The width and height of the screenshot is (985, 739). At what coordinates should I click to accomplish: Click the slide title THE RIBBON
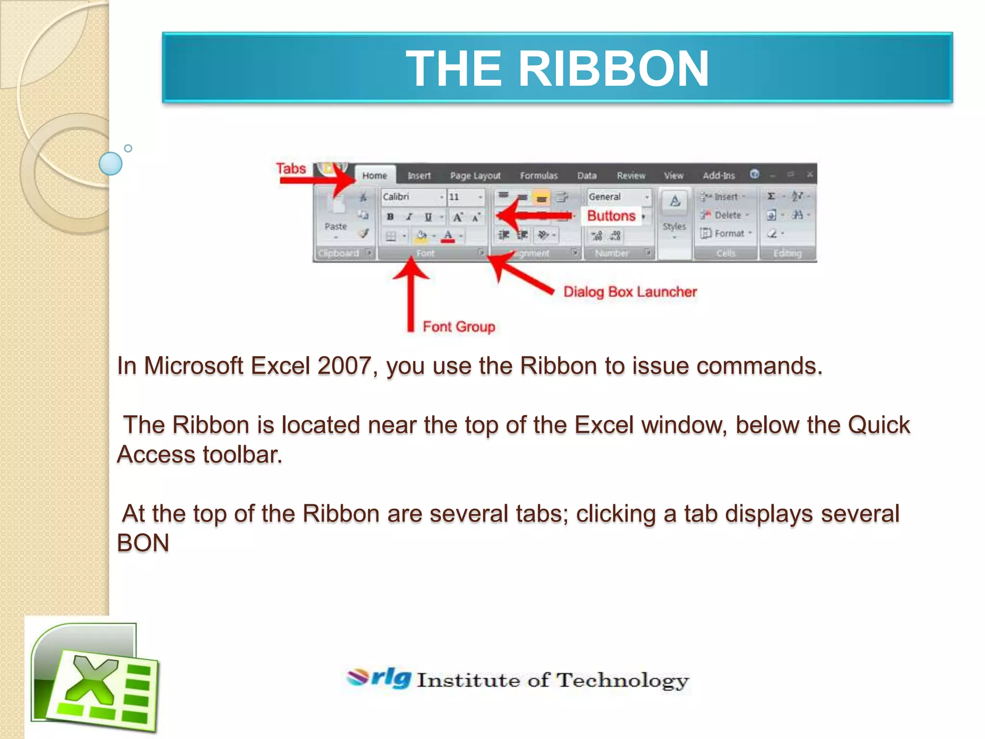pyautogui.click(x=557, y=68)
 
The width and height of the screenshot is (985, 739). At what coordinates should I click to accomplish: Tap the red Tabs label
pyautogui.click(x=290, y=168)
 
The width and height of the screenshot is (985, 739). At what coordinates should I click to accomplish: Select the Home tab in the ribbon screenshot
pyautogui.click(x=375, y=176)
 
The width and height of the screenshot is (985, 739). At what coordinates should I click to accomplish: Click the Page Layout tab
pyautogui.click(x=475, y=176)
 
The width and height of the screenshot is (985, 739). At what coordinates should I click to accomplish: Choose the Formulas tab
pyautogui.click(x=539, y=176)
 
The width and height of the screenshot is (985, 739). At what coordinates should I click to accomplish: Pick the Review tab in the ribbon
pyautogui.click(x=631, y=176)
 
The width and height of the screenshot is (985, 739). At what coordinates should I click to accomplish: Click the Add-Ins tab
pyautogui.click(x=719, y=176)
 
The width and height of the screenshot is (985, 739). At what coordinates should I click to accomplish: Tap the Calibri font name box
pyautogui.click(x=411, y=197)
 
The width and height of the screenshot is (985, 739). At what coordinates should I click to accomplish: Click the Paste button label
pyautogui.click(x=335, y=226)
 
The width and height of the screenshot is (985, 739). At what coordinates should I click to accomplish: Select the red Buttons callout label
pyautogui.click(x=611, y=216)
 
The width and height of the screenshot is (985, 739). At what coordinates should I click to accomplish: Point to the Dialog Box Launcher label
pyautogui.click(x=630, y=292)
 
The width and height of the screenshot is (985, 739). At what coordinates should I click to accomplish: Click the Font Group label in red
pyautogui.click(x=459, y=327)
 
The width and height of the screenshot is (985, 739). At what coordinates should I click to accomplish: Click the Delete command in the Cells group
pyautogui.click(x=727, y=215)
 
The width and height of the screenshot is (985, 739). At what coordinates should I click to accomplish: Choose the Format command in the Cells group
pyautogui.click(x=729, y=233)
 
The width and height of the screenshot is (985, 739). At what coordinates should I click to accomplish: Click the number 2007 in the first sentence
pyautogui.click(x=344, y=366)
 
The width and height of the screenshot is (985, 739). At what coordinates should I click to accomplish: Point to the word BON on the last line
pyautogui.click(x=143, y=543)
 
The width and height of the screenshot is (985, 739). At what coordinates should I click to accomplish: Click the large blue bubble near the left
pyautogui.click(x=111, y=164)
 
